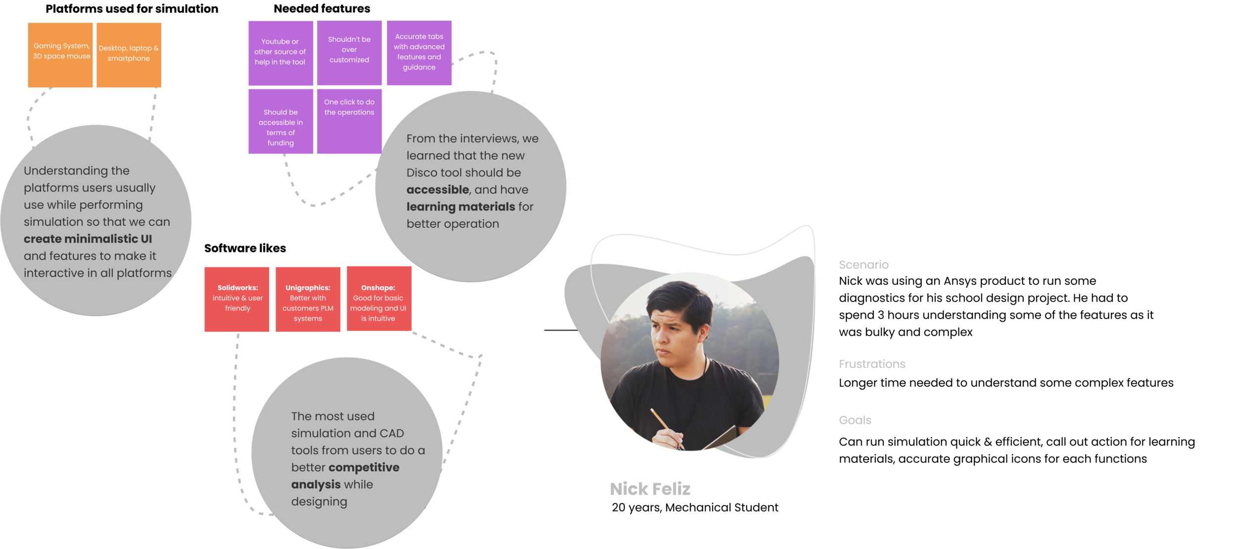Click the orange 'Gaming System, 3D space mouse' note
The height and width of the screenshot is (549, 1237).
coord(60,55)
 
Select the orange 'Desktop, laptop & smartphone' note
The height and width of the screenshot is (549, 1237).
coord(129,55)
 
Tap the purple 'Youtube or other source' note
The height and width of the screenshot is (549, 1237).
coord(281,53)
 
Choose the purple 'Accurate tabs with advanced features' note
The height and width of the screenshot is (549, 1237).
coord(419,53)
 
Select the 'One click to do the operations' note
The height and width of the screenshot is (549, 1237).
coord(349,121)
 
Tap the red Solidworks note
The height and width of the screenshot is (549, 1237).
coord(237,299)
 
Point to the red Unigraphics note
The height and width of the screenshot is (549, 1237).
coord(308,299)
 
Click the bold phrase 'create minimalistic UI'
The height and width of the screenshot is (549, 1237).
coord(88,239)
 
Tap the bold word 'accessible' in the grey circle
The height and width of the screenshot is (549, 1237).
coord(437,190)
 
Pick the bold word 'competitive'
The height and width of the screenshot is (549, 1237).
coord(364,467)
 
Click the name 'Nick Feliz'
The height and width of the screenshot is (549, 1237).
coord(650,489)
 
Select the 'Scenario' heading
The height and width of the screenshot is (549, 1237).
coord(863,265)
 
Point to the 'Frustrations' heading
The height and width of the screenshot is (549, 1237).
coord(872,364)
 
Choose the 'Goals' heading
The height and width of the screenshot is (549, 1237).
coord(855,420)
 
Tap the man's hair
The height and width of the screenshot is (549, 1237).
coord(680,297)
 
